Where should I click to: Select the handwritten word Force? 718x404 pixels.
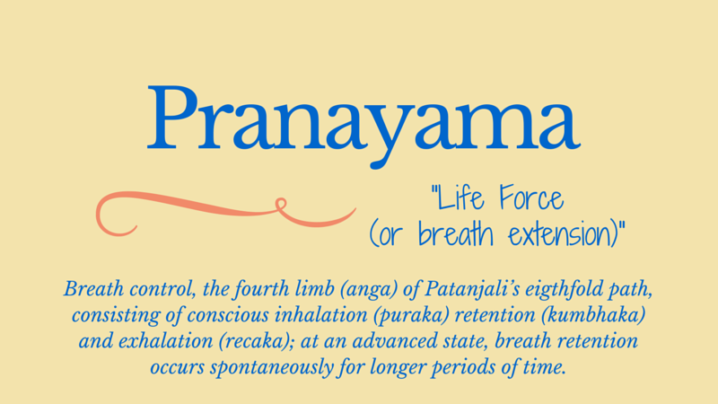point(531,198)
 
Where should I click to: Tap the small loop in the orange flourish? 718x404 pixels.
point(281,205)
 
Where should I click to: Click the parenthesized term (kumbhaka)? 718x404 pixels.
point(593,316)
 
